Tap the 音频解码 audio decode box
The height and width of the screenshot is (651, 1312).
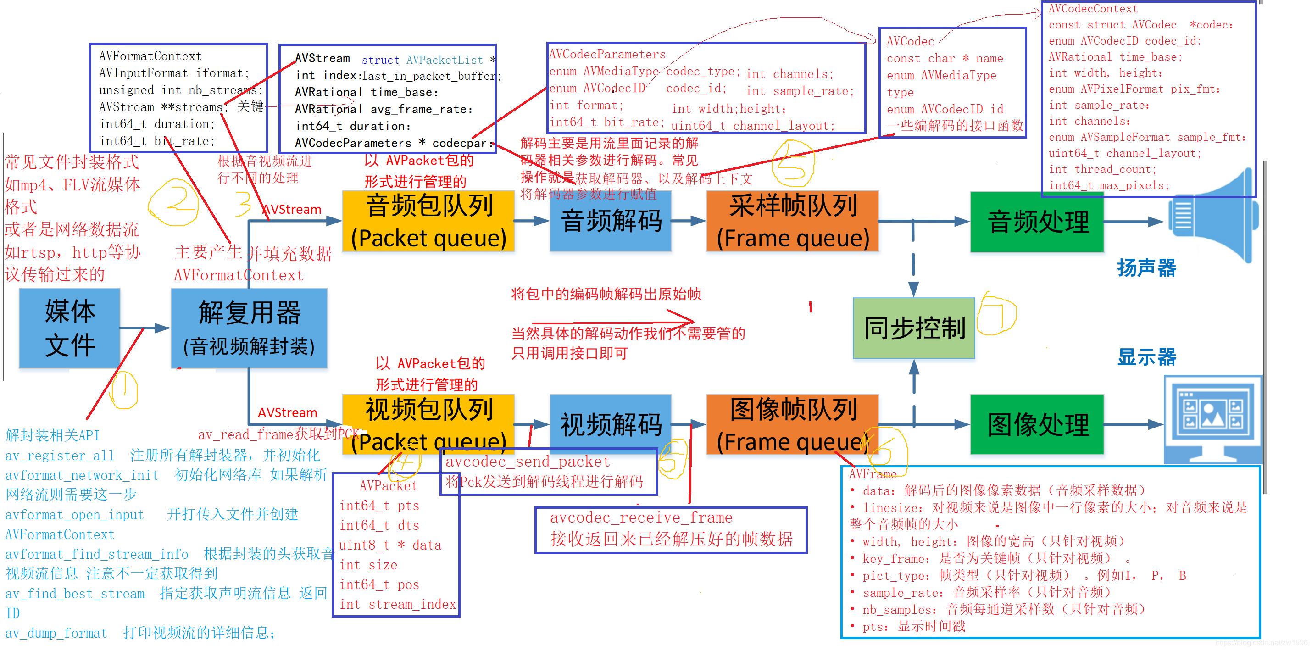pyautogui.click(x=611, y=221)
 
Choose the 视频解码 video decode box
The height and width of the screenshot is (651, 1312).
pyautogui.click(x=611, y=424)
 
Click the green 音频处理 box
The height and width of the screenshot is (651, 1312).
pyautogui.click(x=1037, y=222)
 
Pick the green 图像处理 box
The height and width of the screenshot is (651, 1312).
pyautogui.click(x=1037, y=424)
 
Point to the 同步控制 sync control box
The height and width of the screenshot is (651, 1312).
pyautogui.click(x=914, y=328)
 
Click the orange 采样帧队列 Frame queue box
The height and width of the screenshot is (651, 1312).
pyautogui.click(x=793, y=221)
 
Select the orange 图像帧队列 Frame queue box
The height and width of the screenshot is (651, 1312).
pyautogui.click(x=793, y=424)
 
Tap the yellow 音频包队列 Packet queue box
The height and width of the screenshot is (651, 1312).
pyautogui.click(x=428, y=221)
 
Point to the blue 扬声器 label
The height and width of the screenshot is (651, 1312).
pyautogui.click(x=1146, y=268)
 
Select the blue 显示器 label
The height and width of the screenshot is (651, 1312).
pyautogui.click(x=1146, y=357)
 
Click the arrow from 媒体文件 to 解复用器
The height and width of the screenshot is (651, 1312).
pyautogui.click(x=145, y=328)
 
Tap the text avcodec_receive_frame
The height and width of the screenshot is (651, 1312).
pyautogui.click(x=641, y=517)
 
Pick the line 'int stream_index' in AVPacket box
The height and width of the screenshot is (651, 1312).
pyautogui.click(x=397, y=604)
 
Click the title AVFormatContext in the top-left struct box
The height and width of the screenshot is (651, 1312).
pyautogui.click(x=150, y=56)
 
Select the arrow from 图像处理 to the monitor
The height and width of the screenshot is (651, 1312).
pyautogui.click(x=1133, y=424)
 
